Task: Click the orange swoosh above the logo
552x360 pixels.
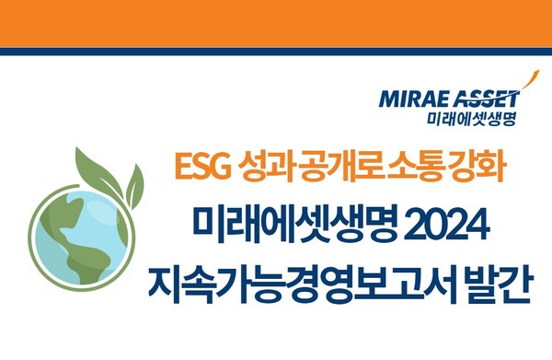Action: [x=522, y=81]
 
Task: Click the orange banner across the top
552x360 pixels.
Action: [x=276, y=22]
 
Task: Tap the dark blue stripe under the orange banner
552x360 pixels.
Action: [x=276, y=52]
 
